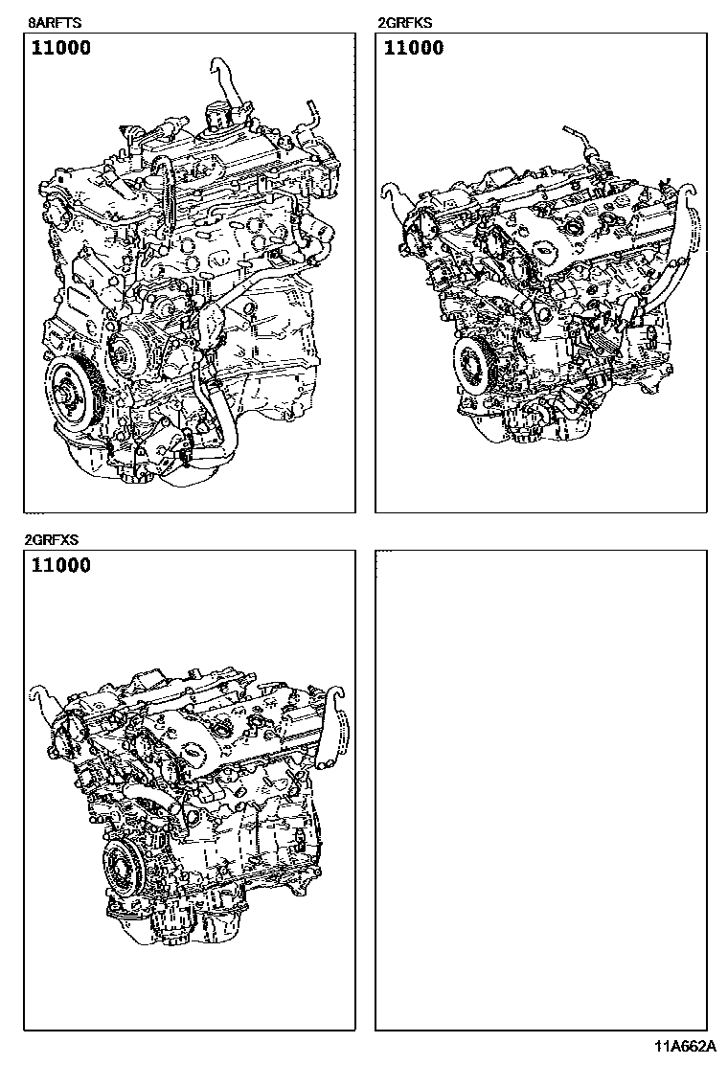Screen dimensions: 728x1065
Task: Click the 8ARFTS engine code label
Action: (x=55, y=22)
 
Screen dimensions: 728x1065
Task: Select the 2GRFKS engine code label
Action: (x=405, y=22)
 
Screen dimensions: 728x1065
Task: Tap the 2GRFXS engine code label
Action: (x=51, y=540)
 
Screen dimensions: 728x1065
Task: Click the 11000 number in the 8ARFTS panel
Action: (x=61, y=48)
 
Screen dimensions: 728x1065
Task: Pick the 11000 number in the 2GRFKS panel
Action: (x=414, y=48)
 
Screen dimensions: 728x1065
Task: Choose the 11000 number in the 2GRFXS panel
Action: (x=61, y=565)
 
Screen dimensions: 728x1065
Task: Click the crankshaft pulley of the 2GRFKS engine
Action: (x=475, y=369)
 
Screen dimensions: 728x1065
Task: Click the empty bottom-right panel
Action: (x=540, y=789)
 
